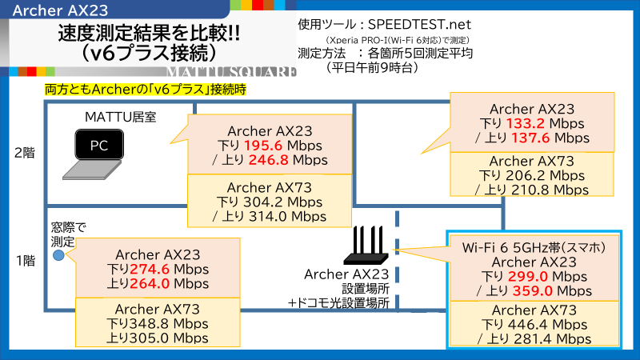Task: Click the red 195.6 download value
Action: (263, 146)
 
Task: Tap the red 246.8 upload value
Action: (268, 160)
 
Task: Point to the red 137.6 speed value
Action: (530, 138)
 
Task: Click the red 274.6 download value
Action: (150, 269)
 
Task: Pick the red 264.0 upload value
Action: (150, 283)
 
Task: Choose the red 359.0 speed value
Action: (533, 291)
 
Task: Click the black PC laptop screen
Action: (99, 145)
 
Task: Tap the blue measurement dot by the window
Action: (58, 255)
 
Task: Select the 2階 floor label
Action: (25, 153)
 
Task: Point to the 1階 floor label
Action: (26, 261)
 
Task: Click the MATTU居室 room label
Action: (121, 117)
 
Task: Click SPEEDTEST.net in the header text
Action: (419, 25)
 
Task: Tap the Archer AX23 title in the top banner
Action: (61, 10)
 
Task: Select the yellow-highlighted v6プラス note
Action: (146, 89)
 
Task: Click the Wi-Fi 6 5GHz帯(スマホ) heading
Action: (534, 247)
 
